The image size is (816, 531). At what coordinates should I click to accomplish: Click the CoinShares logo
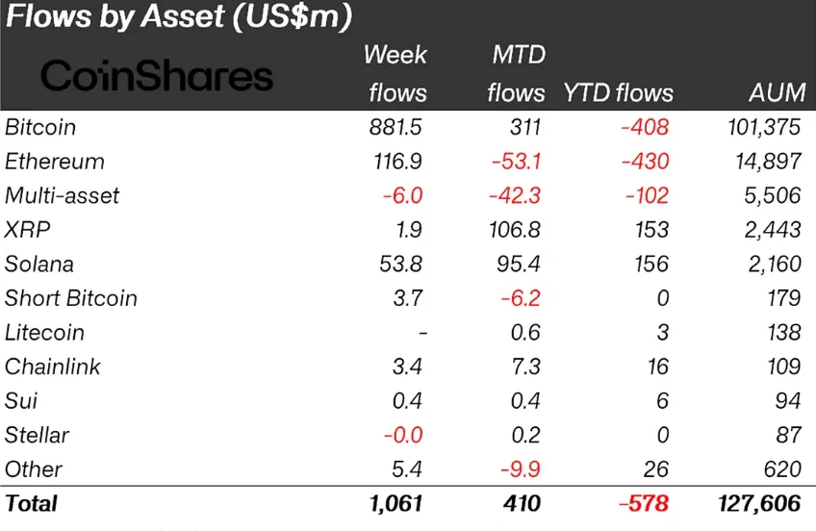(157, 76)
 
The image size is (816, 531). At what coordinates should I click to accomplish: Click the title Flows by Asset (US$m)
(179, 17)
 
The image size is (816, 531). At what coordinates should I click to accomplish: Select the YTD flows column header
(617, 93)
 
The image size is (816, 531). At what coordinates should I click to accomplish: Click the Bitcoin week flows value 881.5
(396, 127)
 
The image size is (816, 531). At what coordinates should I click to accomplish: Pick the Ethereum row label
(55, 162)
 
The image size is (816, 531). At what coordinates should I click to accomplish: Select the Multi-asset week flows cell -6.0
(402, 195)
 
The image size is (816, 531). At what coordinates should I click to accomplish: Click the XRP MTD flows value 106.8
(512, 230)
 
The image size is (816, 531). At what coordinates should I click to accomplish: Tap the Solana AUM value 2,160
(775, 264)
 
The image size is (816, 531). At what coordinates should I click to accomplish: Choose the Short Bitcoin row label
(71, 298)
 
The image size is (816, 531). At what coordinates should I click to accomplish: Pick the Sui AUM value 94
(788, 401)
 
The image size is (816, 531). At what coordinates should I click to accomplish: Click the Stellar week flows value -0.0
(402, 435)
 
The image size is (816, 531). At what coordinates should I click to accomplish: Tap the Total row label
(32, 503)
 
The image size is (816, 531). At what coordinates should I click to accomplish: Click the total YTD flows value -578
(643, 503)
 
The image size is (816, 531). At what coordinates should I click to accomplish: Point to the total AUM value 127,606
(760, 503)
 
